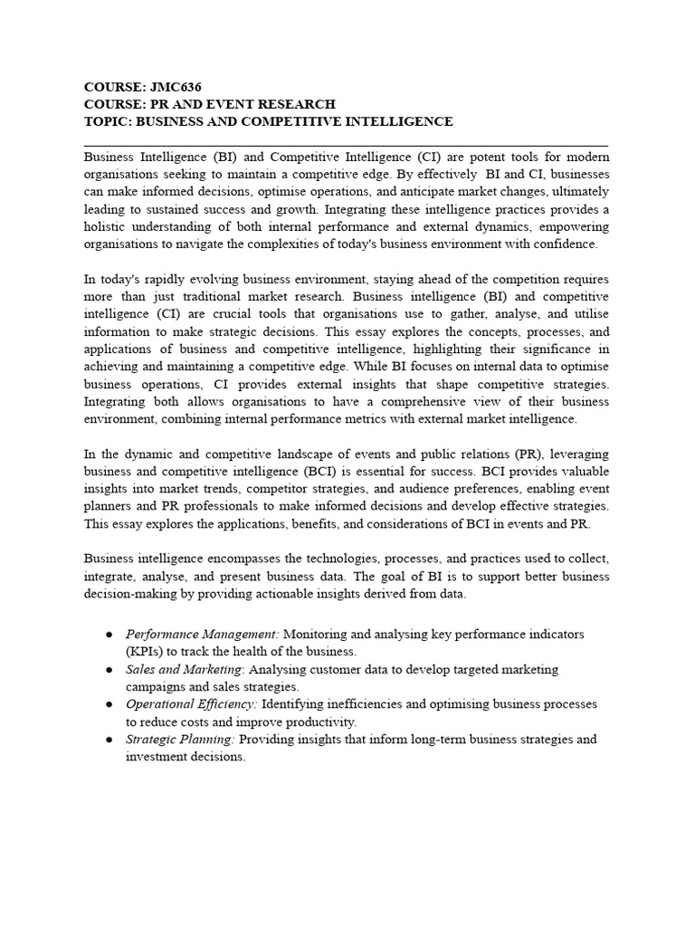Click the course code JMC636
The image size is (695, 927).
click(x=175, y=87)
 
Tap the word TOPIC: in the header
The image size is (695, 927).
click(x=107, y=121)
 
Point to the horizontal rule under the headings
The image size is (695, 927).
click(x=346, y=145)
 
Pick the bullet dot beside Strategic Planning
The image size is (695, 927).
click(x=109, y=740)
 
